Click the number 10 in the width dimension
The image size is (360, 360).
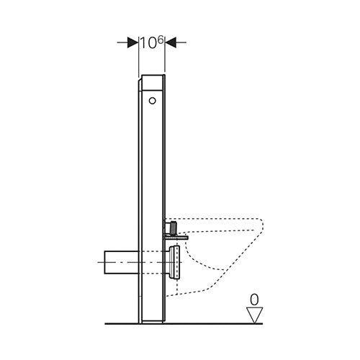(x=148, y=43)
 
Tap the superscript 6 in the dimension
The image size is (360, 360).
(x=161, y=40)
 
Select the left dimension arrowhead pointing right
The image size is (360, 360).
(x=132, y=42)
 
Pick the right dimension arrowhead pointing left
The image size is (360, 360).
(x=171, y=42)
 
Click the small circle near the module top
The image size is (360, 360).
(x=153, y=101)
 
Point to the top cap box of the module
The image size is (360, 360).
(x=153, y=83)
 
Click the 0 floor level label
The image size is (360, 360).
(x=254, y=300)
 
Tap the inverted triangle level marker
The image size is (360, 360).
(x=255, y=315)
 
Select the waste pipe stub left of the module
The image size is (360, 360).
(x=121, y=262)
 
